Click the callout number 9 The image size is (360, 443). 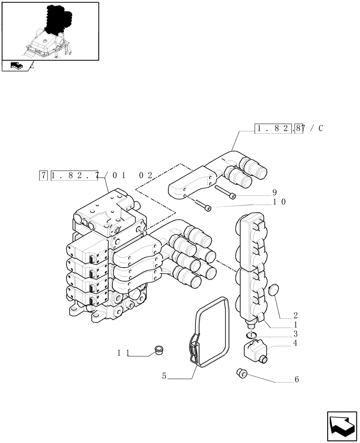[x=274, y=192]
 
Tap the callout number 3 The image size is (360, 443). [x=295, y=334]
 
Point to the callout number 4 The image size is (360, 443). [x=295, y=342]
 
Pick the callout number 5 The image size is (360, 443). [x=164, y=376]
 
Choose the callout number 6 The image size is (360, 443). [x=297, y=379]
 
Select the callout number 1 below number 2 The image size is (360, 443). [x=295, y=325]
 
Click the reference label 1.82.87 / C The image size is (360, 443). [x=289, y=129]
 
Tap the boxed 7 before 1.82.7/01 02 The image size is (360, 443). [x=43, y=175]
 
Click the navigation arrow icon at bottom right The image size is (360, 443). [x=342, y=426]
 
